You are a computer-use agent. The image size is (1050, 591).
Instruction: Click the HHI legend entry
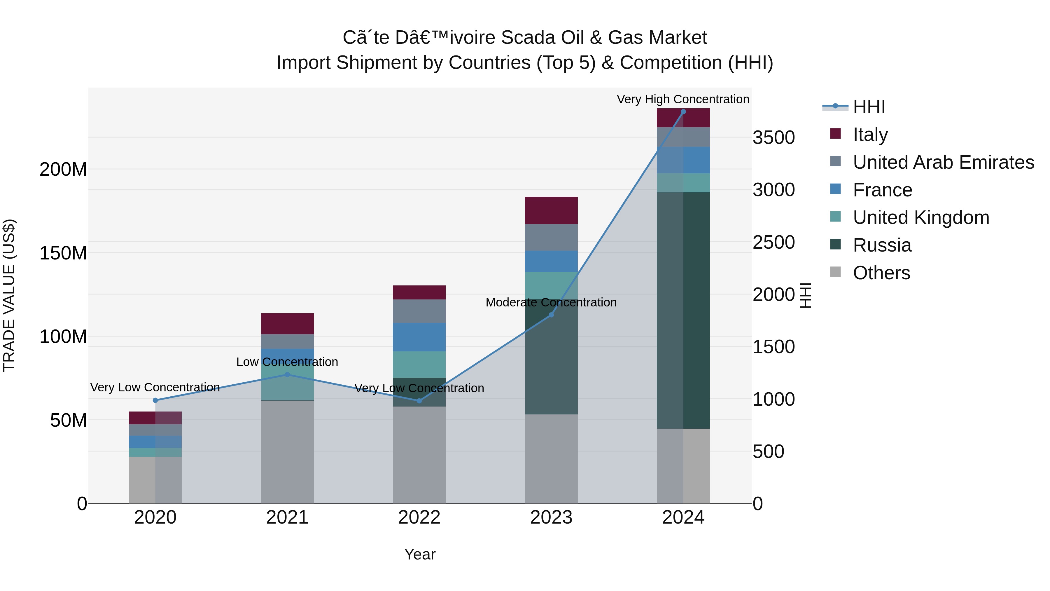[868, 107]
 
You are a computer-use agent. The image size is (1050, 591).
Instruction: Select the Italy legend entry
[870, 135]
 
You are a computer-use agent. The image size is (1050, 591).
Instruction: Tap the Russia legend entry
[882, 245]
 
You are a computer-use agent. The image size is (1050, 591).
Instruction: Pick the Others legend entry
[881, 273]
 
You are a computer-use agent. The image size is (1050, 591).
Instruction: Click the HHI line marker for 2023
[551, 315]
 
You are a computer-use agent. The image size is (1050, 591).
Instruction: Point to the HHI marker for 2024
[683, 112]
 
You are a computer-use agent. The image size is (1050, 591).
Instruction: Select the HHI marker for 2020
[155, 400]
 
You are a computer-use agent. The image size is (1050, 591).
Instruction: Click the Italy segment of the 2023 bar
[551, 210]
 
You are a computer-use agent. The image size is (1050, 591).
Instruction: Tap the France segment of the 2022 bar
[419, 337]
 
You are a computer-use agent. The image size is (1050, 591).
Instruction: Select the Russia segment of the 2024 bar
[683, 310]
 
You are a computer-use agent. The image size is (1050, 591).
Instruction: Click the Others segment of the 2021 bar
[287, 452]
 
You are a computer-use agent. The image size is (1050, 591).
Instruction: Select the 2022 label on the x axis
[419, 517]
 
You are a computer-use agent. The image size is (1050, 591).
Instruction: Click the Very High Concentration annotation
[683, 99]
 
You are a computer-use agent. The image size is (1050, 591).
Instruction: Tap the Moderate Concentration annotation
[551, 302]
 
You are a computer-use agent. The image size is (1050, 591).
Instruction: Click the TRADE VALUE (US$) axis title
[9, 295]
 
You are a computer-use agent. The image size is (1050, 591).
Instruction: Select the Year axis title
[420, 554]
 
